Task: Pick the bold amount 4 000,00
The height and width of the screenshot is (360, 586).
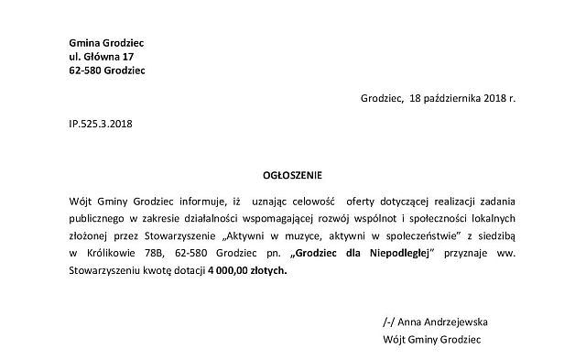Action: click(233, 271)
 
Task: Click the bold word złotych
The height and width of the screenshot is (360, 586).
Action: click(273, 271)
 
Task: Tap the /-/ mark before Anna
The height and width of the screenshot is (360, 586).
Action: click(390, 322)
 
